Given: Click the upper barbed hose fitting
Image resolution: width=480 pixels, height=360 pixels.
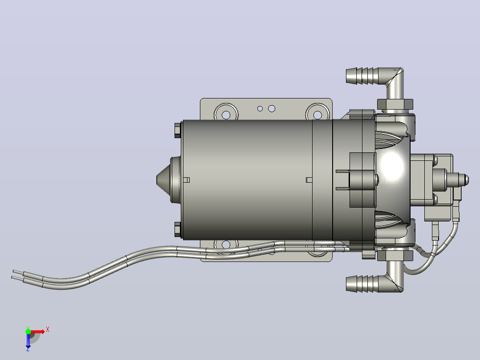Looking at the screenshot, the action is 364,76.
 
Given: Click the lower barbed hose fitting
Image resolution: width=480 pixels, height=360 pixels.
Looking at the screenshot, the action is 364,283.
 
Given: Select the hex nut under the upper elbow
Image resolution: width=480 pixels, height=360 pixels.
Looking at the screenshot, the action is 395,104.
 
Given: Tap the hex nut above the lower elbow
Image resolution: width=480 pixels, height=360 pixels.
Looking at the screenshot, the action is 395,255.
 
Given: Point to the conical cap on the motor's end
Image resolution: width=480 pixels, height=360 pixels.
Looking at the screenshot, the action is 163,180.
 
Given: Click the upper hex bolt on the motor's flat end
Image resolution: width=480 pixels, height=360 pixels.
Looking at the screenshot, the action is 178,131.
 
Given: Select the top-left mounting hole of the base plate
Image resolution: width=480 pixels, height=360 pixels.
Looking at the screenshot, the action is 226,115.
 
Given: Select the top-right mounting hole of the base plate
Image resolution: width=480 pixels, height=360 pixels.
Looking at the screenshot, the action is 318,115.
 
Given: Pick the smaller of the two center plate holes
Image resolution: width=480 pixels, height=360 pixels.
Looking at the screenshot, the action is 260,108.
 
